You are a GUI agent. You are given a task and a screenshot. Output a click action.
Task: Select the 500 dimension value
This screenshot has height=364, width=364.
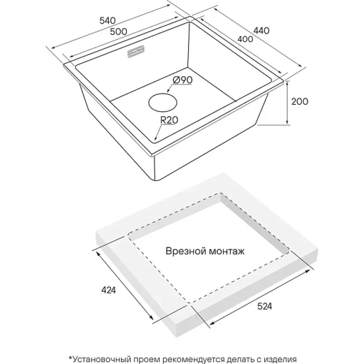point(118,31)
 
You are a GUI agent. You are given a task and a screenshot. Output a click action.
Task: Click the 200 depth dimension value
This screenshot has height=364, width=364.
point(300,102)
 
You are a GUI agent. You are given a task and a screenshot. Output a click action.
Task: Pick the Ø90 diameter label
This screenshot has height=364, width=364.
point(182,80)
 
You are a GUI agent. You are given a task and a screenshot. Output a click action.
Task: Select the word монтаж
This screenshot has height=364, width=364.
point(227,251)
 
